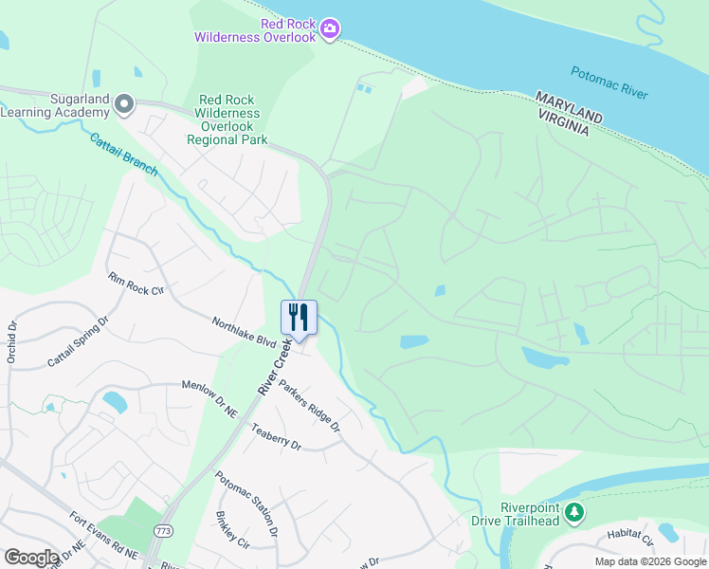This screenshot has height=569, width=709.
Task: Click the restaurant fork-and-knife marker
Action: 299,317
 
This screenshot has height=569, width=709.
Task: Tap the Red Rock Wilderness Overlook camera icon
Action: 329,28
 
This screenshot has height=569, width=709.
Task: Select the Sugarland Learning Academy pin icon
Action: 124,104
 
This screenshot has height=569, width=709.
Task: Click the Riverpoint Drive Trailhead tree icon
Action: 573,513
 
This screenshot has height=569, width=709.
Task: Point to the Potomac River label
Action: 609,83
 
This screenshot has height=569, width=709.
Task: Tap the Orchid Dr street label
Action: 12,342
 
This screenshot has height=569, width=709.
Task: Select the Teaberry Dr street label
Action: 276,437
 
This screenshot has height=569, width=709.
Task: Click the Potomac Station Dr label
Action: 246,504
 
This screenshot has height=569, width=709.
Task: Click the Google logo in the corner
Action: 31,558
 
